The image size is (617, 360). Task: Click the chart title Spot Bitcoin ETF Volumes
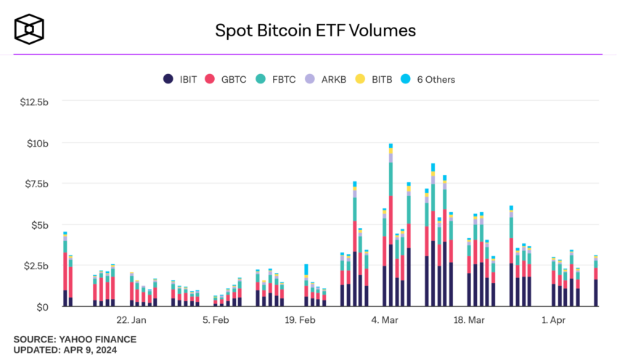coord(315,30)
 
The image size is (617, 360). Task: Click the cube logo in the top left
coord(30,30)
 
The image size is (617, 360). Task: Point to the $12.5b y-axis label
coord(35,102)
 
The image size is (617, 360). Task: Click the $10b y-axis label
coord(38,144)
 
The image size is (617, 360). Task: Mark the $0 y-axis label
coord(43,307)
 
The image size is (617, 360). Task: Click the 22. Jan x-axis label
coord(131,320)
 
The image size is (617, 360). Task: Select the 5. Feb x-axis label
coord(216,320)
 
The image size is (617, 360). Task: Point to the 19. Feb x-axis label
coord(300,320)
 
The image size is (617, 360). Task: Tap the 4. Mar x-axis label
coord(384,320)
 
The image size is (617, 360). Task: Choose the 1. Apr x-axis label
coord(552,320)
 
